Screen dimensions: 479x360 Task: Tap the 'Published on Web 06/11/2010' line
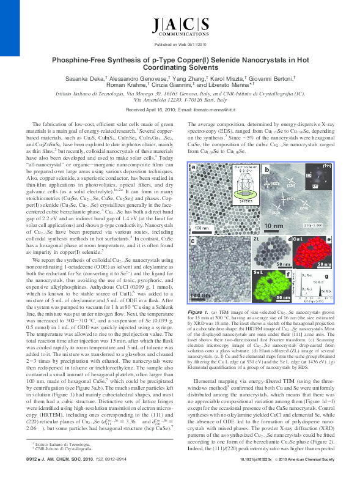click(180, 46)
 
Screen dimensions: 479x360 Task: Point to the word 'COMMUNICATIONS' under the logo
click(180, 37)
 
